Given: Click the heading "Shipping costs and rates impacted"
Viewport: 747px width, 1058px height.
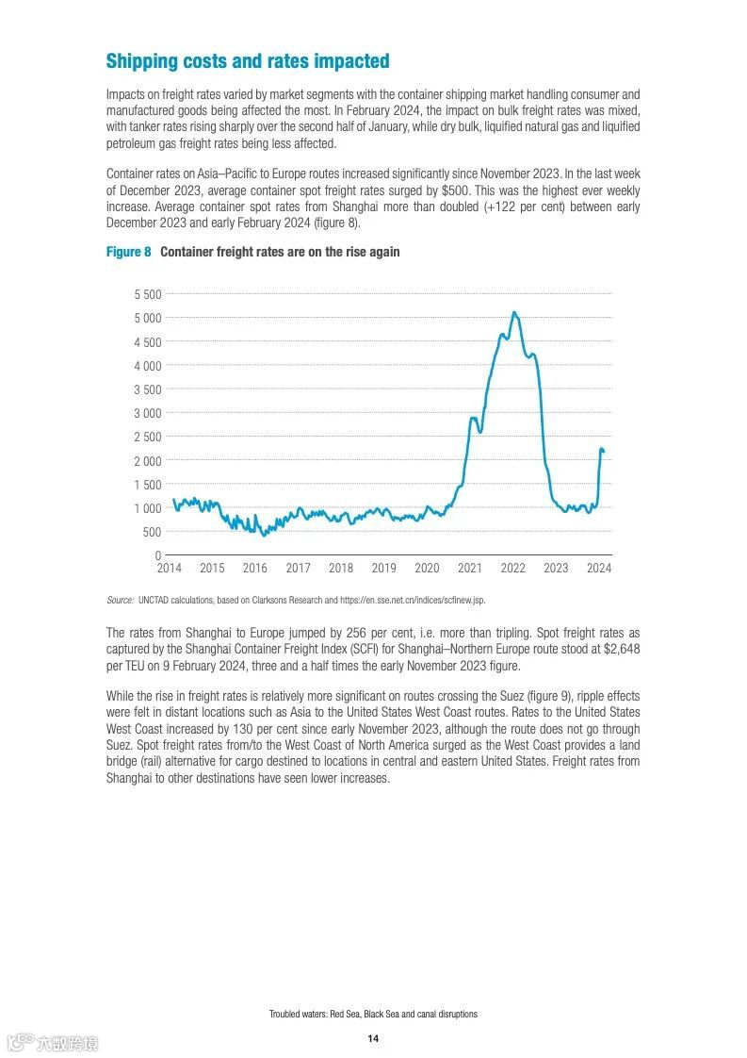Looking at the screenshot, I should coord(247,61).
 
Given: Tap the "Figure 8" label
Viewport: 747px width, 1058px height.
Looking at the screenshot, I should coord(128,252).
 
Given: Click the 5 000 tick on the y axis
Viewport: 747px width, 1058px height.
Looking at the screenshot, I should coord(145,318).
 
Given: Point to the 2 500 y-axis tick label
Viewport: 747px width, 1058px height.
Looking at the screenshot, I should coord(145,437).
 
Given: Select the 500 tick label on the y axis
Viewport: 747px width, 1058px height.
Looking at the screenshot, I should coord(151,532).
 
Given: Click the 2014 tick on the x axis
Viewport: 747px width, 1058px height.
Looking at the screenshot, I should coord(169,569).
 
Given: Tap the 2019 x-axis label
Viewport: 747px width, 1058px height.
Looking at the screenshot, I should coord(383,569).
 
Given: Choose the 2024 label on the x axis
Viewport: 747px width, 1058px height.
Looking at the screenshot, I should coord(598,569).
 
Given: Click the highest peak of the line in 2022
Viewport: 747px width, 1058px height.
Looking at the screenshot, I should coord(513,312).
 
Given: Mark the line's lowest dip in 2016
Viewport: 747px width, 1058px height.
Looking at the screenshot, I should coord(264,535).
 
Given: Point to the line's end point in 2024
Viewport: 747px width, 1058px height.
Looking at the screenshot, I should coord(603,454).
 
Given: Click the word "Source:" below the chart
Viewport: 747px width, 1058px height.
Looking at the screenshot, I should coord(120,600).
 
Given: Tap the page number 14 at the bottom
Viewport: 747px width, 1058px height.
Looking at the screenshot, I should coord(373,1038).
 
